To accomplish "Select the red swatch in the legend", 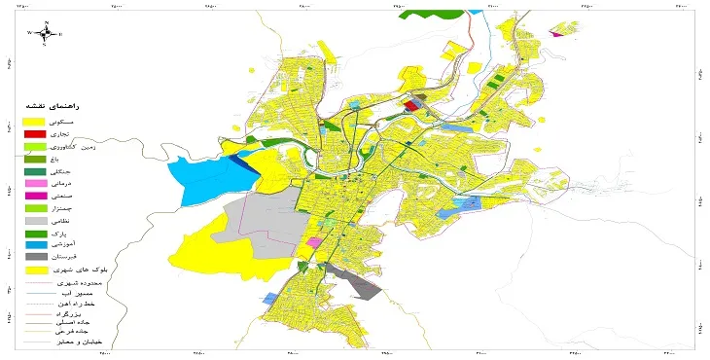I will [x=35, y=133].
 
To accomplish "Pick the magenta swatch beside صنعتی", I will [x=35, y=197].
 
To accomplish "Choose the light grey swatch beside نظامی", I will [x=35, y=222].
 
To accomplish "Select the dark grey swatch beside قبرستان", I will [x=35, y=258].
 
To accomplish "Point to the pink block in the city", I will [x=314, y=241].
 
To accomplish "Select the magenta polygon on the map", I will [x=556, y=34].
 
